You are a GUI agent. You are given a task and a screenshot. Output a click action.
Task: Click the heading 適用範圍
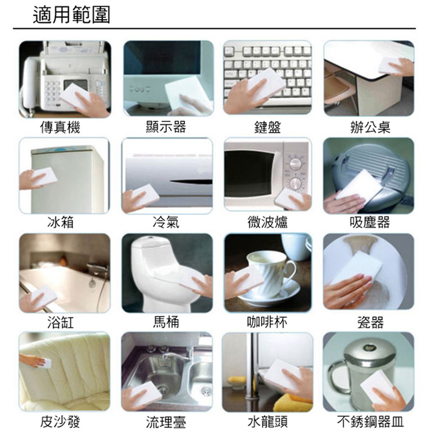71,16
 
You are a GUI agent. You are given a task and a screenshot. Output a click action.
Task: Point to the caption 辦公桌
370,128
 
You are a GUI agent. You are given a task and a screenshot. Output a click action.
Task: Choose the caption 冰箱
61,222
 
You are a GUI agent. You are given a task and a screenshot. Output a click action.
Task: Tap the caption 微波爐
268,222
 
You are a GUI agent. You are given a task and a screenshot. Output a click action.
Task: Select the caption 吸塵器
370,222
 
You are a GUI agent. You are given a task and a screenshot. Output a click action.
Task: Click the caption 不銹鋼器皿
370,422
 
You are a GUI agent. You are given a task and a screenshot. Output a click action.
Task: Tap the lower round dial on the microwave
295,183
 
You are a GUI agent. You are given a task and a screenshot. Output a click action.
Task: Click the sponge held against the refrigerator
45,176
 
